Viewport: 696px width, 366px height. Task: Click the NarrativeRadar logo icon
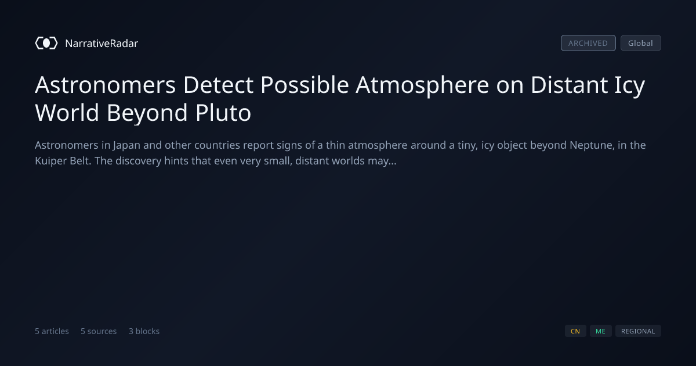pos(46,43)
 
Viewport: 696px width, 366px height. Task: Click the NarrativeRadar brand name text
pos(101,43)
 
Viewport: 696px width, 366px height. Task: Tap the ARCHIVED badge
pos(588,43)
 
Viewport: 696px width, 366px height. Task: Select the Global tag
pos(641,43)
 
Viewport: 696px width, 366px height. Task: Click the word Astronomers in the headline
pos(106,85)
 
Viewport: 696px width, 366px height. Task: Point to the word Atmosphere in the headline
pos(422,85)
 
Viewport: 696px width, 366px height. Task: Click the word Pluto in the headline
pos(223,112)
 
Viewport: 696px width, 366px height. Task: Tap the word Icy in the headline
pos(630,85)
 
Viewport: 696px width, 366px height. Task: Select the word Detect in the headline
pos(218,85)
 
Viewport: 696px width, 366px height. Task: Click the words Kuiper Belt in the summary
pos(63,161)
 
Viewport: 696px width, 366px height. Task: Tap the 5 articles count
pos(52,331)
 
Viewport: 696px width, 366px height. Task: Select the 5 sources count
pos(99,331)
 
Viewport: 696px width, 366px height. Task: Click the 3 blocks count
pos(144,331)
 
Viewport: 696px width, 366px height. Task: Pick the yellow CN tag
pos(575,331)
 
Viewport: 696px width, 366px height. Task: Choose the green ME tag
pos(601,331)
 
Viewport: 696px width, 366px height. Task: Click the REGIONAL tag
pos(638,331)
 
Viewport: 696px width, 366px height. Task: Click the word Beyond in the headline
pos(147,112)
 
